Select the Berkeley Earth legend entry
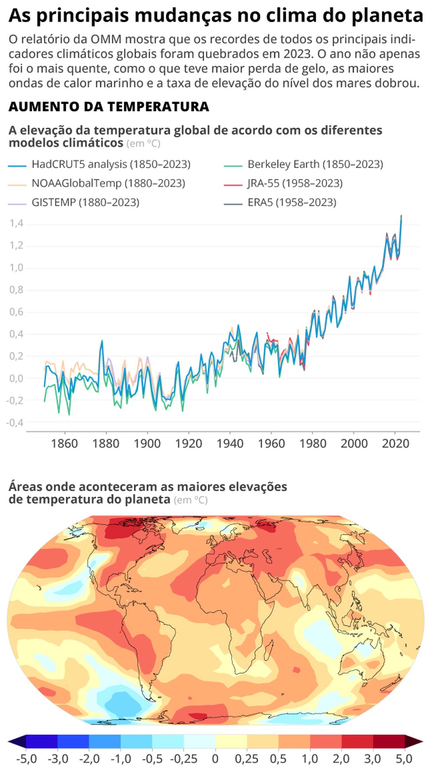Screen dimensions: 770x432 (315, 165)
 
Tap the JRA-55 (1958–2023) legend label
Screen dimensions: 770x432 (295, 183)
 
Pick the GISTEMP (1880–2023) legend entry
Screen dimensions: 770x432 (85, 202)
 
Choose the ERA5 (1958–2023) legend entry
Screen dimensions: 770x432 (292, 202)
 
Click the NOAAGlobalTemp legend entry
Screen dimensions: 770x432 (108, 183)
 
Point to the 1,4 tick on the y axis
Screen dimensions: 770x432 (16, 224)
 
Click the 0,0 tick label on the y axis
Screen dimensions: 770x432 (16, 378)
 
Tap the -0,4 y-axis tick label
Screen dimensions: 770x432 (14, 423)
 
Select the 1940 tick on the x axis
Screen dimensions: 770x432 (230, 444)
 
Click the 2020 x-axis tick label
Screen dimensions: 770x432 (396, 444)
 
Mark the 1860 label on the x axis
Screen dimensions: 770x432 (65, 444)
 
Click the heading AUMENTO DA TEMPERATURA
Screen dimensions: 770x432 (109, 107)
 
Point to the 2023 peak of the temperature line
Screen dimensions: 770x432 (401, 216)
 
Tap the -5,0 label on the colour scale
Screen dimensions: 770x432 (26, 759)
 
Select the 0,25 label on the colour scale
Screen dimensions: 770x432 (246, 759)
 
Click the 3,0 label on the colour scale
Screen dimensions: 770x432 (372, 759)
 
